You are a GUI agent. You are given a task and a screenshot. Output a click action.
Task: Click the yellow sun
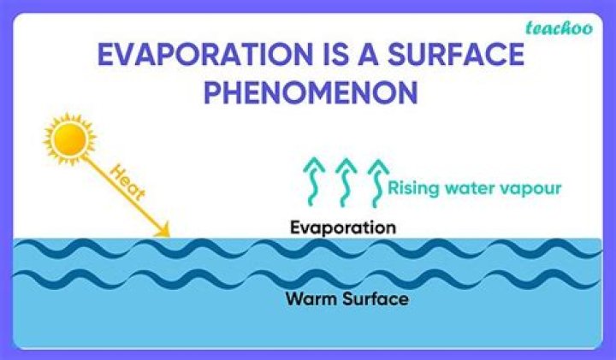coord(70,139)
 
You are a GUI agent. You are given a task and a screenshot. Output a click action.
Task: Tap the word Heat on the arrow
coord(127,182)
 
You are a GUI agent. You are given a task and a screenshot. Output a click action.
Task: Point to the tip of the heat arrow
coord(169,237)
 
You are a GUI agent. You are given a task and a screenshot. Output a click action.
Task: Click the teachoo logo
coord(559,28)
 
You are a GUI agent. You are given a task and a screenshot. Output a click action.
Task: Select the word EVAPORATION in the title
coord(205,54)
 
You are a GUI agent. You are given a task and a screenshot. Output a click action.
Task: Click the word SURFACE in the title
coord(456,54)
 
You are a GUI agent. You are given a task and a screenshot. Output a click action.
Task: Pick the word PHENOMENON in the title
coord(311,92)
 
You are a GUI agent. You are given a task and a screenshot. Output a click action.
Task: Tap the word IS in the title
coord(337,54)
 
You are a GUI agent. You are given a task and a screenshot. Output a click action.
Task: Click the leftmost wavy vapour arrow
coord(313,182)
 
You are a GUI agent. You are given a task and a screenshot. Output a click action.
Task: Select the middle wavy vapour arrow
coord(346,182)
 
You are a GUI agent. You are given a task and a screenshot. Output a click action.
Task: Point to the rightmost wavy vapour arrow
coord(378,182)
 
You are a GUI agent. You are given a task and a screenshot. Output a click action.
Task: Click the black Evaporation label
coord(343,228)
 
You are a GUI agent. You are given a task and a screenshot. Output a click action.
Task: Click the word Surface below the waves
coord(376,298)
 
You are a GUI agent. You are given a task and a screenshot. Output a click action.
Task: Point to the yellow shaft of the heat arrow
coord(121,192)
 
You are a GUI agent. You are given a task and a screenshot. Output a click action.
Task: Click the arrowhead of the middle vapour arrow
coord(346,165)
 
